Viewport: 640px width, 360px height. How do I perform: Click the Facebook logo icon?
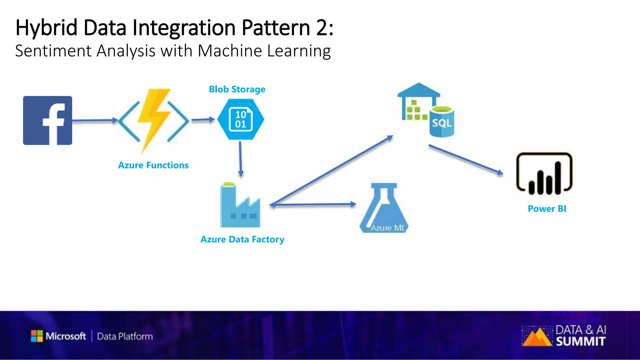click(47, 120)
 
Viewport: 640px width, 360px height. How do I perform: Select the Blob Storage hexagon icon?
click(241, 119)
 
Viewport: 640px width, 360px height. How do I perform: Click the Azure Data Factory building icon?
click(240, 206)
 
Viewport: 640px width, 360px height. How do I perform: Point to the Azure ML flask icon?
click(384, 209)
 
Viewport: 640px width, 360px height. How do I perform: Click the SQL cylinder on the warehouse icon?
click(442, 122)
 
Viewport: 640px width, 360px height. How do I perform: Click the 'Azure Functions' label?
click(153, 165)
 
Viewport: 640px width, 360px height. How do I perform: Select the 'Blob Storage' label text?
click(237, 89)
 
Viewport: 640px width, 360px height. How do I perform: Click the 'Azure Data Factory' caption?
click(242, 239)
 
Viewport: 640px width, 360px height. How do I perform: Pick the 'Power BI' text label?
click(547, 209)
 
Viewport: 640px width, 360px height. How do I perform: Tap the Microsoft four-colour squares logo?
click(37, 336)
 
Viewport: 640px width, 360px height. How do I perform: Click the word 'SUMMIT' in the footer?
click(581, 342)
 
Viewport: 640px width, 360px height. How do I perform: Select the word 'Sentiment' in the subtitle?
click(53, 51)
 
